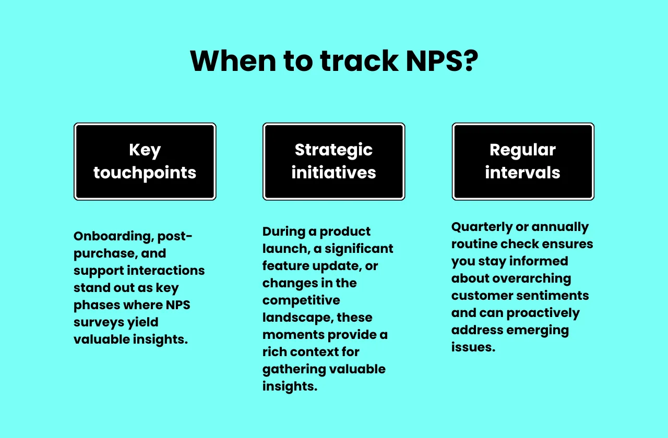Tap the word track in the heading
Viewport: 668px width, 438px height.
click(x=359, y=61)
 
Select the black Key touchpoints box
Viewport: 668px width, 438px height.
click(x=145, y=162)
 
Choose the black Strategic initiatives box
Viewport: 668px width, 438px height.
click(x=334, y=162)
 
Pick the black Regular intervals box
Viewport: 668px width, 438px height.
click(x=523, y=162)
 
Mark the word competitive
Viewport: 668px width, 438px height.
click(x=301, y=300)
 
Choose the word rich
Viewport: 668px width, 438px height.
click(x=272, y=351)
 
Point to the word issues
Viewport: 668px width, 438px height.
click(x=473, y=347)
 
